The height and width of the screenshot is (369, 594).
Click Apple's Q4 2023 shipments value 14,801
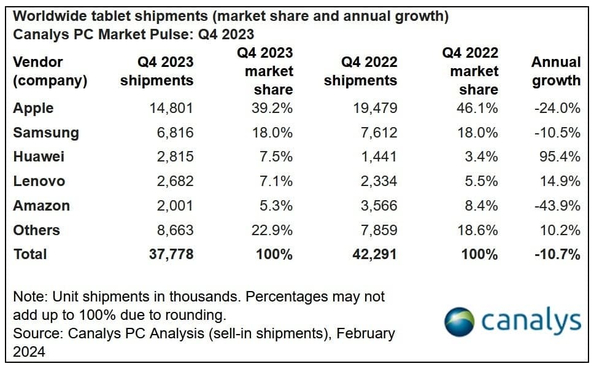[171, 108]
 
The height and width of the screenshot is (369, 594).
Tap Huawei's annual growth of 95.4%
[557, 157]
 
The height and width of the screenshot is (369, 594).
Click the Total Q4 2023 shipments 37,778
[171, 254]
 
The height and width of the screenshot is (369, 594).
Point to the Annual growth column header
[555, 71]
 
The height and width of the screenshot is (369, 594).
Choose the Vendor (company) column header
[50, 71]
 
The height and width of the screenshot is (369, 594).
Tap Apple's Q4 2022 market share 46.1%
[477, 108]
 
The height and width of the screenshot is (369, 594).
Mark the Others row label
[36, 230]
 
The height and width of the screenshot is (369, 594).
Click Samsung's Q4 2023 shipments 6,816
[175, 133]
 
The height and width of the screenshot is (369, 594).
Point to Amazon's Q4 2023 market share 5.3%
[277, 206]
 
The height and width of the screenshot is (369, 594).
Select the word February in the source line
[366, 334]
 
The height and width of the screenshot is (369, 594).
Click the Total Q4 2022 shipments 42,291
[371, 254]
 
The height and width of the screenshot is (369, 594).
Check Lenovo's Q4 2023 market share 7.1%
[277, 181]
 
